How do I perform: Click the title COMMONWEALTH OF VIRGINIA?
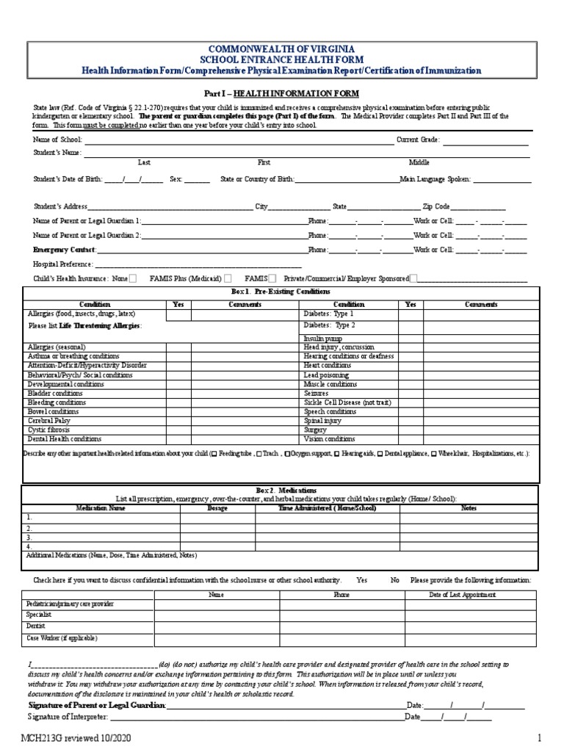281,48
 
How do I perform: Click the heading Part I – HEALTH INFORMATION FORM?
281,94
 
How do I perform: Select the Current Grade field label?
418,140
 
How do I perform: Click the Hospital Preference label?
62,264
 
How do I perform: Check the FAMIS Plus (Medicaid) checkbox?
228,278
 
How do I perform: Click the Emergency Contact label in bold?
65,250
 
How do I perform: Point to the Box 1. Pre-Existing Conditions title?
281,292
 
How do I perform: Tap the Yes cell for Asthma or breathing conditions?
178,355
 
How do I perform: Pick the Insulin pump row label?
324,336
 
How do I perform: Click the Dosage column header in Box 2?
217,507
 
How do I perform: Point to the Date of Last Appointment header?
462,594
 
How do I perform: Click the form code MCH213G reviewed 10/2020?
76,737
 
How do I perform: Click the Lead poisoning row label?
327,375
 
